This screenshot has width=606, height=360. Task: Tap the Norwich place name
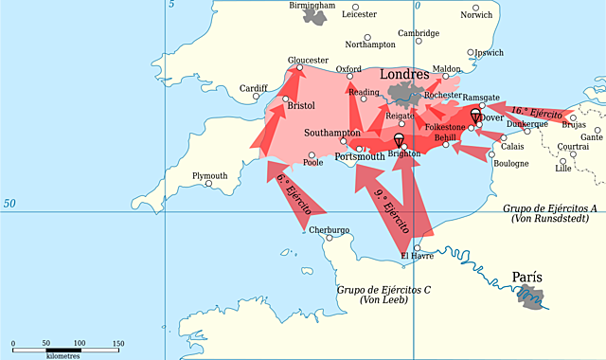[475, 15]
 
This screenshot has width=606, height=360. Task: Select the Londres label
[403, 75]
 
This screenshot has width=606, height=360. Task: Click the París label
[527, 278]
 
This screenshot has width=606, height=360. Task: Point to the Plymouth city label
[209, 176]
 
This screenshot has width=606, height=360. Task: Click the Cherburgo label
[328, 230]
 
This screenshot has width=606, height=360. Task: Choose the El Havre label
[417, 256]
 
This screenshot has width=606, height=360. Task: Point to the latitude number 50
[10, 204]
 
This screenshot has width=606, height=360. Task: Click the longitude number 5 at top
[171, 6]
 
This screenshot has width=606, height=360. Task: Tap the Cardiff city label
[254, 89]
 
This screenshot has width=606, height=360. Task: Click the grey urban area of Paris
[533, 298]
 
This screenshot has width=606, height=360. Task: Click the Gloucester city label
[308, 60]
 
